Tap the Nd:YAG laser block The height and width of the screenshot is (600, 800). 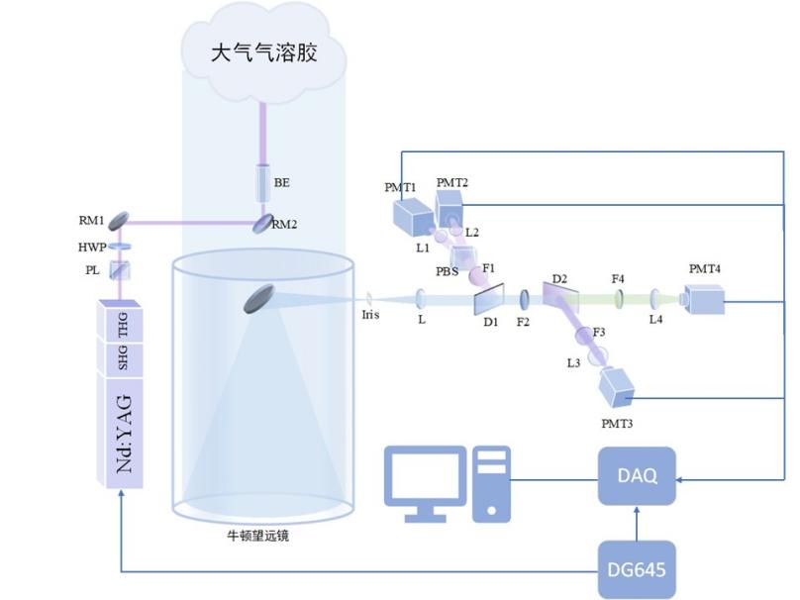coord(124,432)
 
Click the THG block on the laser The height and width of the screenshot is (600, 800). coord(124,319)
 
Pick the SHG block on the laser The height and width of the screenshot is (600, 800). coord(124,356)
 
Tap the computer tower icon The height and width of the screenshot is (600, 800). coord(491,482)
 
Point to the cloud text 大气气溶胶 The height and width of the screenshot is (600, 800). coord(263,52)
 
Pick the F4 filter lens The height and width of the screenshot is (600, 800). coord(619,297)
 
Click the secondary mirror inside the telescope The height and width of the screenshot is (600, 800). coord(262,299)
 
